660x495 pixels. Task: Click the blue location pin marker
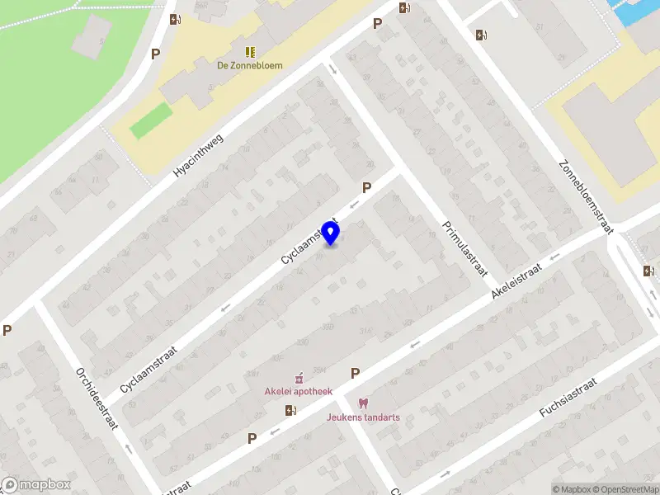[x=331, y=233]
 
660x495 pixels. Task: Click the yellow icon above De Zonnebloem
[x=249, y=51]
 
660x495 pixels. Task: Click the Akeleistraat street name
[x=516, y=280]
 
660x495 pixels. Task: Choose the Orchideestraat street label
[x=98, y=398]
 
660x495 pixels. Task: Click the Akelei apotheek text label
[x=298, y=391]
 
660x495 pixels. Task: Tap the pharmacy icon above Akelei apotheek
[x=299, y=377]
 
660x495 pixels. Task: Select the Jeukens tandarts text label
[x=362, y=417]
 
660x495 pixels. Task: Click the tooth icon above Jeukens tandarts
[x=362, y=403]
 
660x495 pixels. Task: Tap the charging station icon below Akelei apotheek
[x=290, y=410]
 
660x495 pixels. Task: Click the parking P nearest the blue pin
[x=366, y=188]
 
